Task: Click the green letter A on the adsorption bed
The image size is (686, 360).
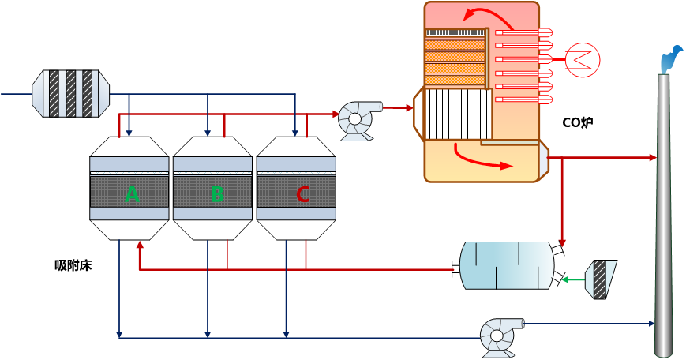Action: click(133, 193)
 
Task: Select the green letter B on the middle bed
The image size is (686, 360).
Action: click(217, 193)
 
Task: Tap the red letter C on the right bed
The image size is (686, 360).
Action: click(302, 193)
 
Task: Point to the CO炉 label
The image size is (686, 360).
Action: click(577, 122)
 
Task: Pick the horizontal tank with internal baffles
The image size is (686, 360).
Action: click(506, 265)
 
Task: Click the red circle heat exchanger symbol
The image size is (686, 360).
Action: click(583, 58)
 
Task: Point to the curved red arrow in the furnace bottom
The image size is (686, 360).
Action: click(480, 157)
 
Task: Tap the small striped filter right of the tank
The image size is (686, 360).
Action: click(601, 279)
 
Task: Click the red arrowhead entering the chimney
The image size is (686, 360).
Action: click(653, 158)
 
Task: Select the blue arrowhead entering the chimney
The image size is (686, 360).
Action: click(652, 324)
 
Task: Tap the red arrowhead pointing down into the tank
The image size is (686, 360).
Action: click(562, 242)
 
